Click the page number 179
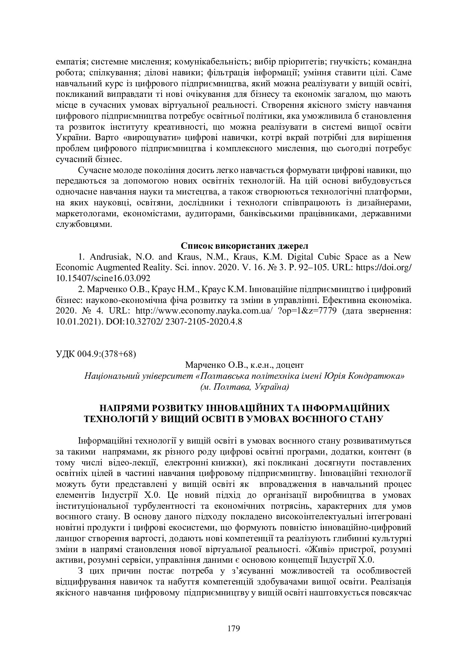pyautogui.click(x=233, y=628)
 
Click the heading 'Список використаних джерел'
pyautogui.click(x=244, y=246)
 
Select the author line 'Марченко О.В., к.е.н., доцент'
pyautogui.click(x=244, y=365)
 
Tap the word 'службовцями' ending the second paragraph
pyautogui.click(x=84, y=224)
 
